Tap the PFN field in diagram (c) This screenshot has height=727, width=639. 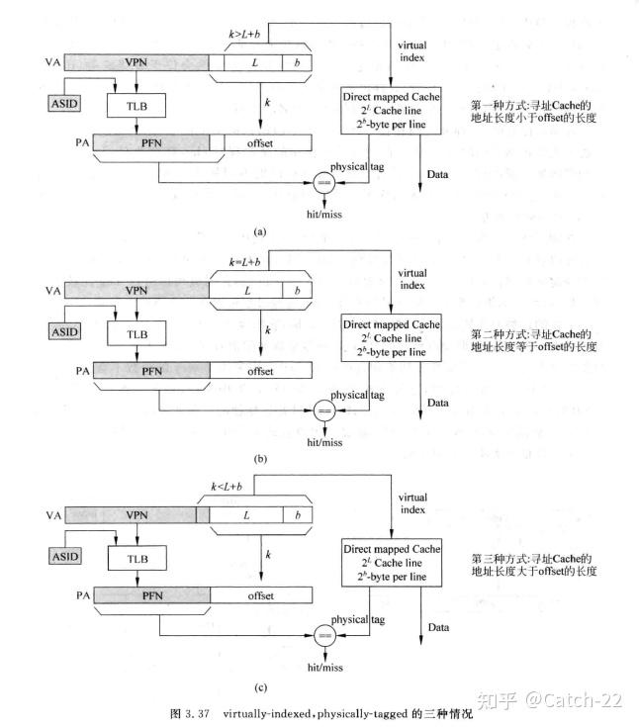tap(151, 596)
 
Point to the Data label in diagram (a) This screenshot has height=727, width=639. tap(438, 175)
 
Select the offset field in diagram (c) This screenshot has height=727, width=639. tap(261, 596)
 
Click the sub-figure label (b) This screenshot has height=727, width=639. tap(260, 459)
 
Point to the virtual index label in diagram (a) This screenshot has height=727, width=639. tap(412, 52)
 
